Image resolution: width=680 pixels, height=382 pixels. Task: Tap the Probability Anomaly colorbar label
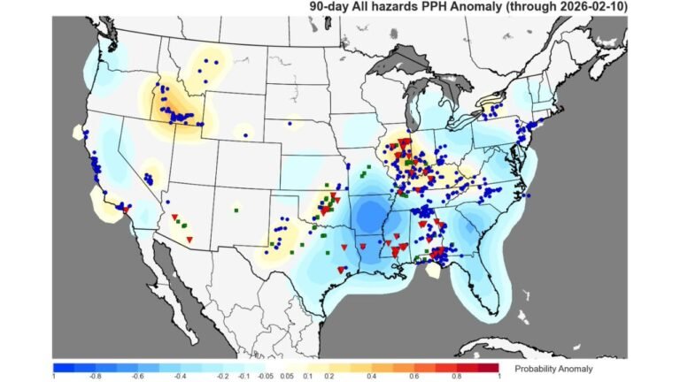click(553, 368)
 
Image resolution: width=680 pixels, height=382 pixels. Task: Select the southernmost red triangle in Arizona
click(189, 240)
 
